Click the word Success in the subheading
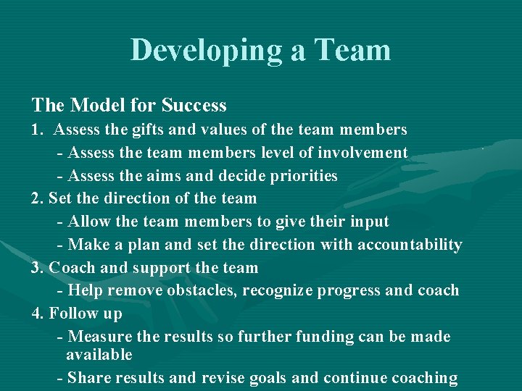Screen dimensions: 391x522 pyautogui.click(x=194, y=106)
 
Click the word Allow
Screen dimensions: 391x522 pyautogui.click(x=89, y=222)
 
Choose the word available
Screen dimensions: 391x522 pyautogui.click(x=99, y=355)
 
